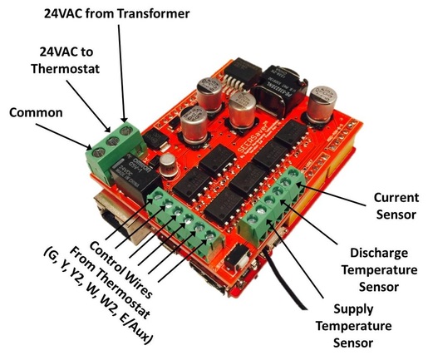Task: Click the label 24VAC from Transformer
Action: [117, 13]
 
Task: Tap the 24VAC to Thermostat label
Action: [66, 61]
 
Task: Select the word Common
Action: [36, 113]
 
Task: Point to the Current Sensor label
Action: [396, 206]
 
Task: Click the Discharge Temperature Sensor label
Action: [379, 269]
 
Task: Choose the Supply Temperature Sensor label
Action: [353, 326]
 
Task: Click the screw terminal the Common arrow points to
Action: [99, 152]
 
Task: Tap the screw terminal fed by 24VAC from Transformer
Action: [125, 130]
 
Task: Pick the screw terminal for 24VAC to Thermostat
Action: [112, 141]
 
